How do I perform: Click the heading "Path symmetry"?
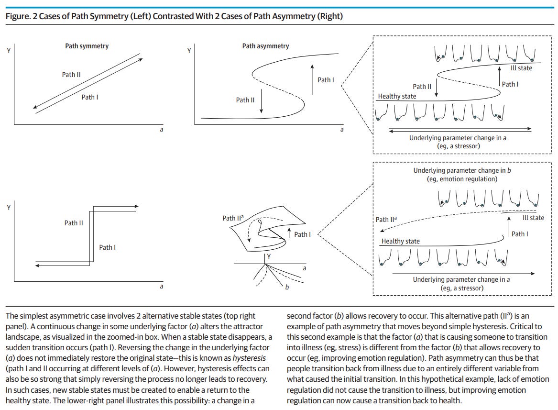87,46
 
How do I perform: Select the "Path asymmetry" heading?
265,46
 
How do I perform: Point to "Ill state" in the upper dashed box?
521,68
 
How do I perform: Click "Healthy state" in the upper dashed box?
397,96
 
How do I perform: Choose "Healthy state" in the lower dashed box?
400,241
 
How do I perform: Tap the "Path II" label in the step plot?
74,223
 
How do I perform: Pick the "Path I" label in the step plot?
108,247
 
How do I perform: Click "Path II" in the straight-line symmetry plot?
71,75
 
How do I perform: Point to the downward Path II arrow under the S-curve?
262,100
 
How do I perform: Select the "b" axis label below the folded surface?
287,287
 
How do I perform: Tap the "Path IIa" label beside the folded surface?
233,218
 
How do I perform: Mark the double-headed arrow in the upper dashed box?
460,129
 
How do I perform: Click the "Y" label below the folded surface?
270,257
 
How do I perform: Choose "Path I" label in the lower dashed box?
520,234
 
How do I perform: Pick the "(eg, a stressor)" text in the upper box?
459,145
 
